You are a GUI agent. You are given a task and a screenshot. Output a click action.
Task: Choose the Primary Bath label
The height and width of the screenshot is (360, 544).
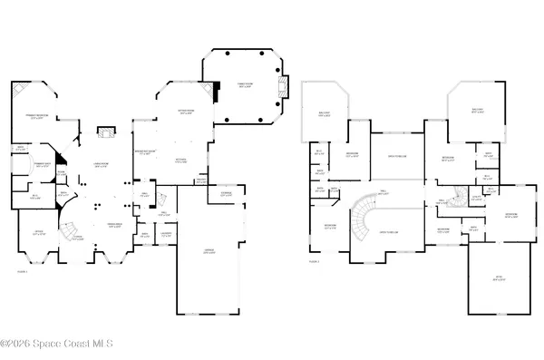pos(41,166)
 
